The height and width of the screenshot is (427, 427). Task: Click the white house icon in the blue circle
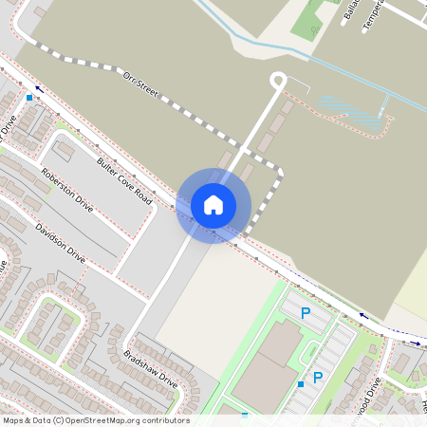point(213,204)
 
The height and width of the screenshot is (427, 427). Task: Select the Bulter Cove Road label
point(123,177)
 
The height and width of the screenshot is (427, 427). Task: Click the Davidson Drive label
point(60,243)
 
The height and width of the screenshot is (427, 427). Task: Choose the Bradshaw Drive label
point(150,368)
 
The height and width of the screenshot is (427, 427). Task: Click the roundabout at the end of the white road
point(278,82)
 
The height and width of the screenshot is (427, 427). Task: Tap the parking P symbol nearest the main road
point(306,313)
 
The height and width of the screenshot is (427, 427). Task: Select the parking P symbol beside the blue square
point(318,378)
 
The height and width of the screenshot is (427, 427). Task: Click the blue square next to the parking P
point(300,383)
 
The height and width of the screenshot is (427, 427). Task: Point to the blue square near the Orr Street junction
point(29,97)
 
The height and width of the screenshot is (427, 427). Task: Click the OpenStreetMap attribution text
point(95,420)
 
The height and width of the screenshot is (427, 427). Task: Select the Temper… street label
point(373,16)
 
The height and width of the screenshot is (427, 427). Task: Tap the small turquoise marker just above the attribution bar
point(245,414)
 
